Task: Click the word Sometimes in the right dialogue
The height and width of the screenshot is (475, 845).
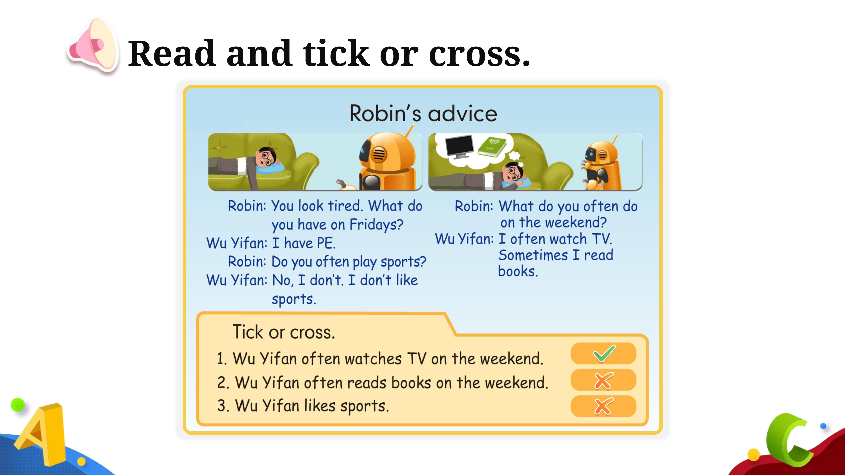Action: click(533, 255)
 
